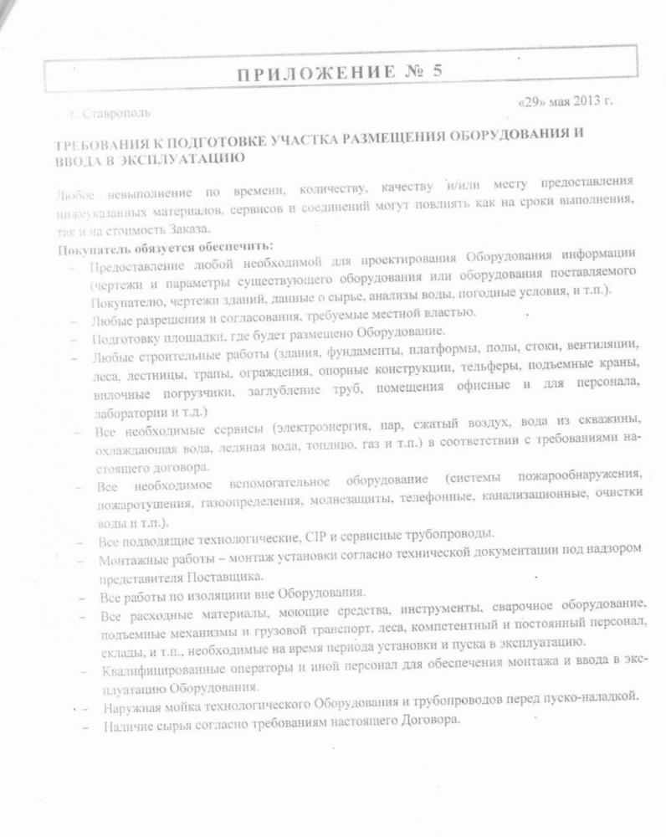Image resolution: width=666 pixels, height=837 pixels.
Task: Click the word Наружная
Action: point(134,708)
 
